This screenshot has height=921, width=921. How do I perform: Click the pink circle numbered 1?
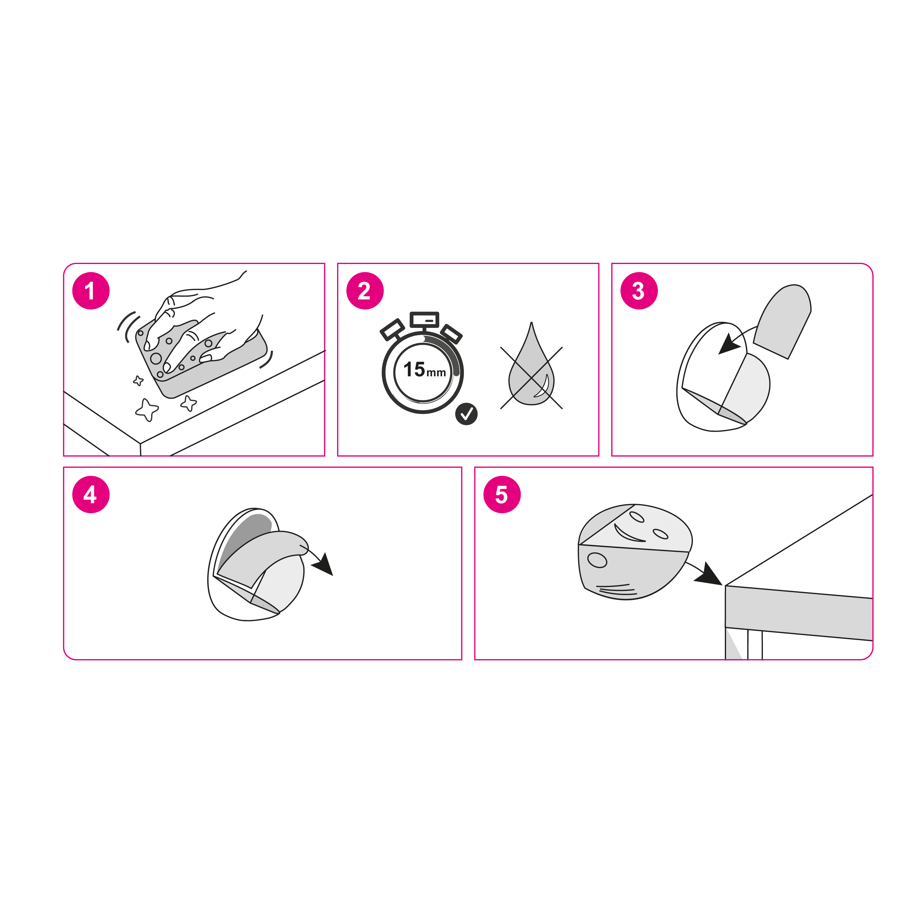pos(91,291)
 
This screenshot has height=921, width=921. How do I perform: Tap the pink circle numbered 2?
pos(365,291)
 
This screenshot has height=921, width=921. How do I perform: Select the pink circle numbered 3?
pos(639,291)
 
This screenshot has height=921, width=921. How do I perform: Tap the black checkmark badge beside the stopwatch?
pos(466,414)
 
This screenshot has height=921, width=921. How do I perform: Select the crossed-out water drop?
pos(531,374)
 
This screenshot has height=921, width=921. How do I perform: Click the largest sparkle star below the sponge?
pos(147,409)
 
